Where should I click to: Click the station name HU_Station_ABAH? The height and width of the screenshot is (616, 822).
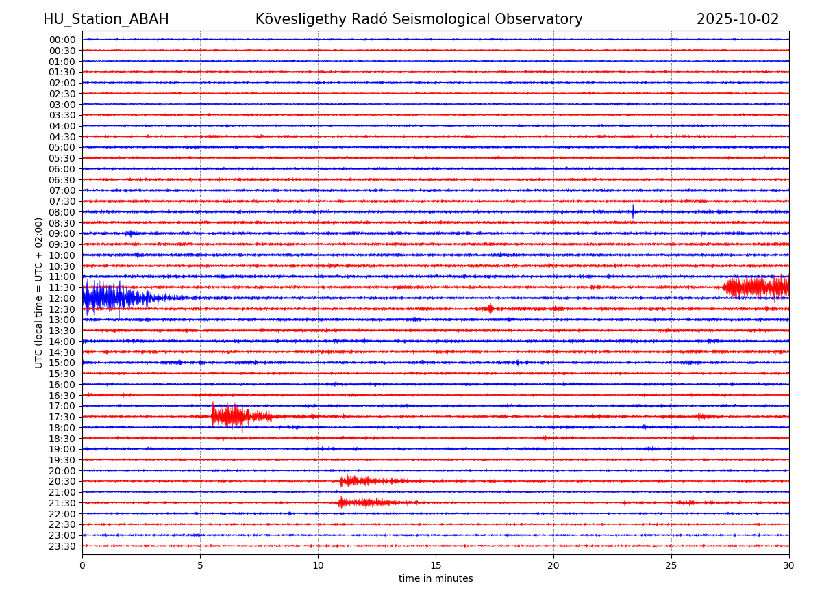[x=105, y=19]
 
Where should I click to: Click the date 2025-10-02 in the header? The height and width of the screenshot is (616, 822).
[x=737, y=19]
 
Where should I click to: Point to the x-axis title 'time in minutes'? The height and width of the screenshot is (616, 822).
[x=436, y=578]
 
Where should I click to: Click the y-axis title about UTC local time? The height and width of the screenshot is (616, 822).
[x=39, y=292]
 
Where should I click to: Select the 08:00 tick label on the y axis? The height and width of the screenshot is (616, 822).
[x=62, y=212]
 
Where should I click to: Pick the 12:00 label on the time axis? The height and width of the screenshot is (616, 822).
[x=62, y=298]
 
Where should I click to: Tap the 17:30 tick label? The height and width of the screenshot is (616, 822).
[x=62, y=417]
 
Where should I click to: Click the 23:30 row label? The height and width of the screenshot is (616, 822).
[x=62, y=546]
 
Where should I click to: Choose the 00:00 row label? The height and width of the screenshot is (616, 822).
[x=62, y=40]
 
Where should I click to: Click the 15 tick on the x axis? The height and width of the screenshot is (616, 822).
[x=436, y=565]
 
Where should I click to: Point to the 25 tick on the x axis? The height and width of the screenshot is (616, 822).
[x=671, y=565]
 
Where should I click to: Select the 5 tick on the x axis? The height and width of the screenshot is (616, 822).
[x=200, y=565]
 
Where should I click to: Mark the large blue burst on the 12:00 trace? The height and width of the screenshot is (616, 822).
[x=110, y=298]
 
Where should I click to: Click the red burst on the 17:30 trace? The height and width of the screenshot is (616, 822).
[x=233, y=415]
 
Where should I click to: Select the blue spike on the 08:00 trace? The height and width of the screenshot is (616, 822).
[x=633, y=211]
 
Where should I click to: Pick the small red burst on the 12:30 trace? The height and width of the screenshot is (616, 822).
[x=489, y=309]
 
